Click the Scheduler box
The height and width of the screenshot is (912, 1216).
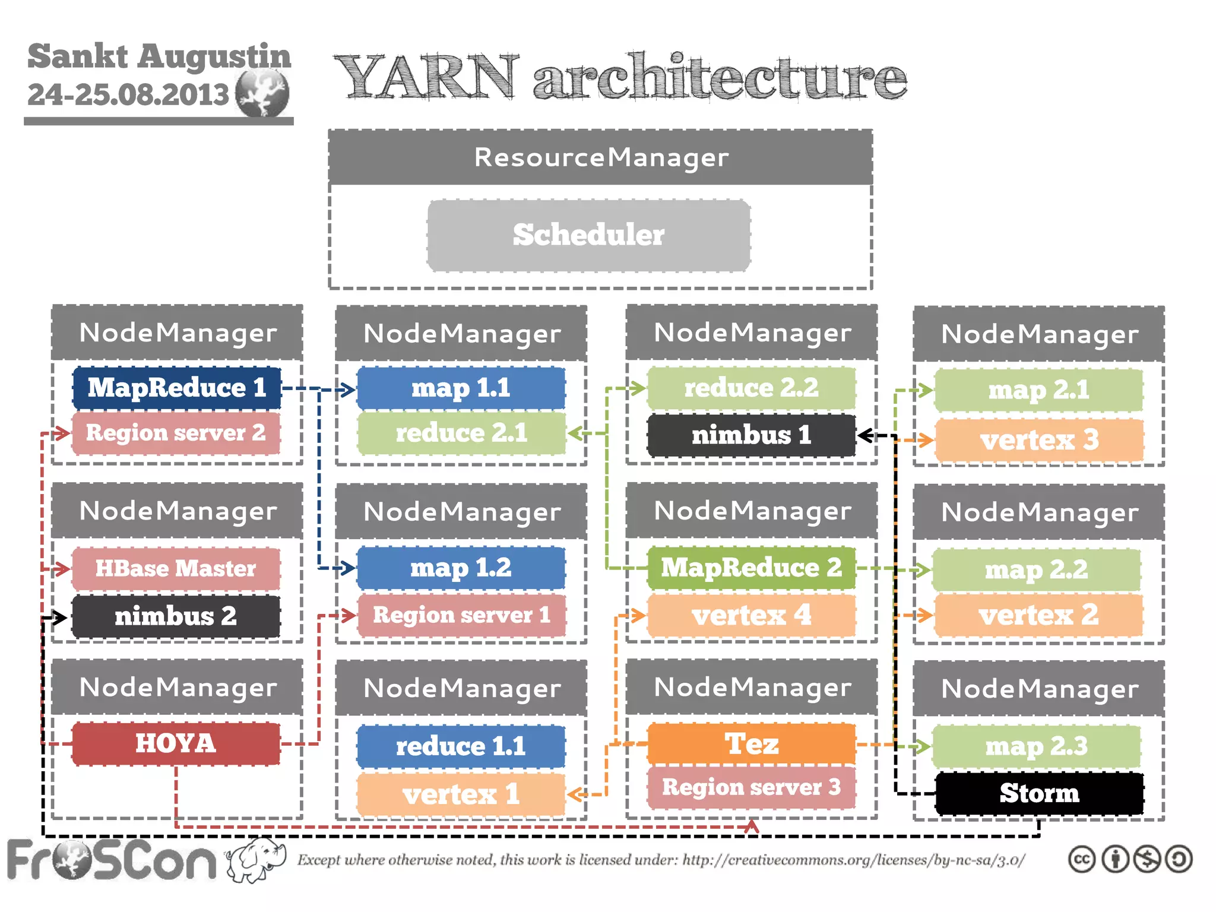pyautogui.click(x=588, y=236)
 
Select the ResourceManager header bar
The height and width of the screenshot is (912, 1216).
pyautogui.click(x=600, y=157)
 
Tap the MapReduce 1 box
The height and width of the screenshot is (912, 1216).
pyautogui.click(x=176, y=388)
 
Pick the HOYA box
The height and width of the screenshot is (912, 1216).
pyautogui.click(x=176, y=743)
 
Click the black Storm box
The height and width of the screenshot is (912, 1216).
pyautogui.click(x=1039, y=793)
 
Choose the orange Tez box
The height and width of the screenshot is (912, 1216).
pyautogui.click(x=751, y=743)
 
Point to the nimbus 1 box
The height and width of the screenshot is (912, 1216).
pyautogui.click(x=751, y=435)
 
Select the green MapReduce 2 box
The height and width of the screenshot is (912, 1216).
pyautogui.click(x=751, y=568)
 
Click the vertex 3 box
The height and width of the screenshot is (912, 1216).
pyautogui.click(x=1039, y=440)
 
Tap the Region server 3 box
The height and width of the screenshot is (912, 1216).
pyautogui.click(x=751, y=787)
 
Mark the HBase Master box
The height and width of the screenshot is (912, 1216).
pyautogui.click(x=176, y=568)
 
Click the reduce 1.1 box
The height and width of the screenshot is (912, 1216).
pyautogui.click(x=461, y=746)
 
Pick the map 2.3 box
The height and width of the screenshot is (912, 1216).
pyautogui.click(x=1036, y=746)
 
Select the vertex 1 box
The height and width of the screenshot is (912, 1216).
pyautogui.click(x=461, y=794)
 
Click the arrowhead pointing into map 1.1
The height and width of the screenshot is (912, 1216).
pyautogui.click(x=349, y=389)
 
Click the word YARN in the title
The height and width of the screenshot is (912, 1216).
pyautogui.click(x=426, y=77)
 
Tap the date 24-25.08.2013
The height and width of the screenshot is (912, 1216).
pyautogui.click(x=128, y=94)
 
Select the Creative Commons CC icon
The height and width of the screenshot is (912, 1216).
pyautogui.click(x=1081, y=860)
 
